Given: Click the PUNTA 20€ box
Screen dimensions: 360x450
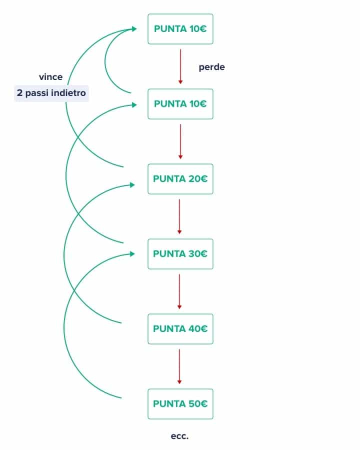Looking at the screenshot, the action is point(180,179).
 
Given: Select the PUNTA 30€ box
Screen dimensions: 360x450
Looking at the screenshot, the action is point(180,253).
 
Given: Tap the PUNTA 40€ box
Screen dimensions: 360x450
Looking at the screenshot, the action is point(180,329).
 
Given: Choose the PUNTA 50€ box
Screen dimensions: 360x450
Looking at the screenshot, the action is point(180,404).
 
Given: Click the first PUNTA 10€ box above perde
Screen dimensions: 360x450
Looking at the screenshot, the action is point(180,28).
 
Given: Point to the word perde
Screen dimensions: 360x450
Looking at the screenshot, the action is point(212,67).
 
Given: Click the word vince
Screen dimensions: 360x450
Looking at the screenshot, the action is point(51,77).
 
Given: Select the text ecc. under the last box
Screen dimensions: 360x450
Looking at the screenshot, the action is point(179,436).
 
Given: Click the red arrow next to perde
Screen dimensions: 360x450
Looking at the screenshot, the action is point(180,66).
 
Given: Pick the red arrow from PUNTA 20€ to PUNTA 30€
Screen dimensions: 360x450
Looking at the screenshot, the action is point(179,216).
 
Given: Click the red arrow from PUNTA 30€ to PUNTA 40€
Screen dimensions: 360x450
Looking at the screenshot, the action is point(179,291).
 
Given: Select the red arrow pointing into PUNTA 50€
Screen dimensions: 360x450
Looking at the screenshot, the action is point(179,366).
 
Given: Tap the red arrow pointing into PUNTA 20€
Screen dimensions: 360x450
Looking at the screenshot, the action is point(180,141).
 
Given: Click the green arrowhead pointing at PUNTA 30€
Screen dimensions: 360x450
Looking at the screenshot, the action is point(132,254).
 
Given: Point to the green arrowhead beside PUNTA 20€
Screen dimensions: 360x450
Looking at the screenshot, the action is point(132,185).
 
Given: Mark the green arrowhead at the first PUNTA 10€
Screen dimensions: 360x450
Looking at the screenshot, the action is point(134,28).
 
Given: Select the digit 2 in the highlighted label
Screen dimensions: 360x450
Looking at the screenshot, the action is point(19,93).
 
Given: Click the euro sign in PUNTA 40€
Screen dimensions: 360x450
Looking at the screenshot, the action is point(203,329).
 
